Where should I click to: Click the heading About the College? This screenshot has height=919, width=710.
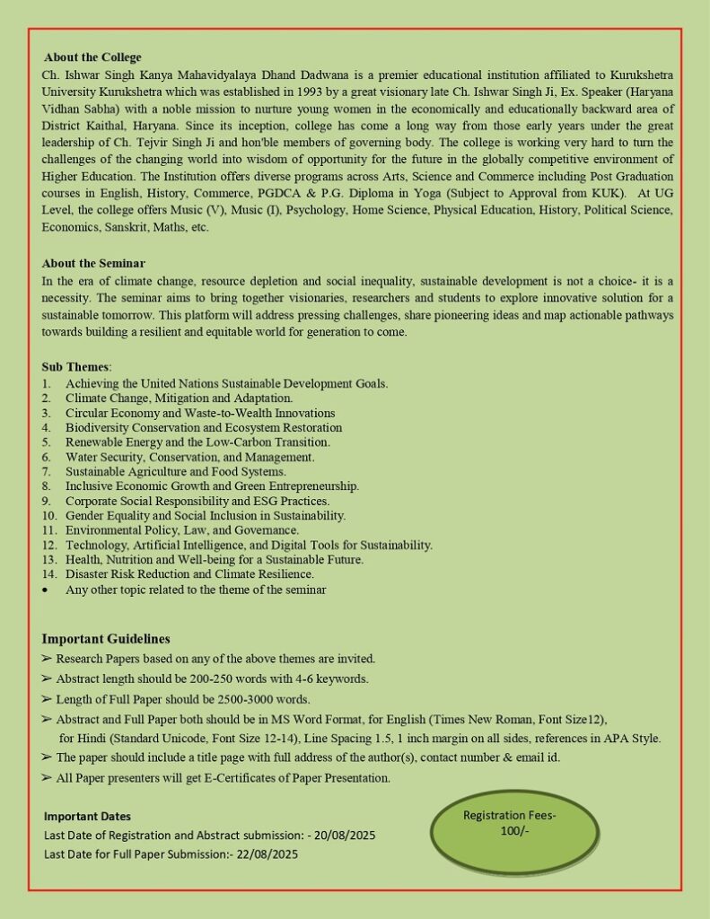92,57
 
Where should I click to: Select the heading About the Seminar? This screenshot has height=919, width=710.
93,263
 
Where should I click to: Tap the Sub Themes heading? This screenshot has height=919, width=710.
76,367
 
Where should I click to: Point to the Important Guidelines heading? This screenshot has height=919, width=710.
106,639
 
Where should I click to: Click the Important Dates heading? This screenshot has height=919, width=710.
87,817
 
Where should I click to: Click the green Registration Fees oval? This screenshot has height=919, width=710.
513,830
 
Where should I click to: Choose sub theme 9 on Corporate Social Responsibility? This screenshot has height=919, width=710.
197,501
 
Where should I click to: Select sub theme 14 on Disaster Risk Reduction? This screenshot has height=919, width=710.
189,574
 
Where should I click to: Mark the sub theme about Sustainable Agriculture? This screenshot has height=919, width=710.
176,471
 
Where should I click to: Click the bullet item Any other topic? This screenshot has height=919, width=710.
196,591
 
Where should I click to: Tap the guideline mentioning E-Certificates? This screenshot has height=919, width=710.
223,778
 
